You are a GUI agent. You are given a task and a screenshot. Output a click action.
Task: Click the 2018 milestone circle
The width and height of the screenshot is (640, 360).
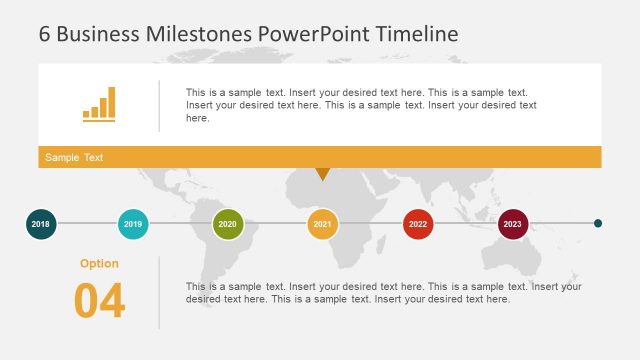tap(41, 224)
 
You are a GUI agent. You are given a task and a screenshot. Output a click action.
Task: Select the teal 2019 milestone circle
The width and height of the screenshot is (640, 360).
tap(134, 224)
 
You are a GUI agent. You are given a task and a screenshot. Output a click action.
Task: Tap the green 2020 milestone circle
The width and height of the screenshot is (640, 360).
tap(228, 224)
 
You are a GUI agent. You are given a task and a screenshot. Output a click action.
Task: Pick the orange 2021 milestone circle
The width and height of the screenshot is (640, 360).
tap(322, 224)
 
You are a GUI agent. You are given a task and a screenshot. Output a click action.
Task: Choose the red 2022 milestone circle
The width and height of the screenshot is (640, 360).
tap(418, 224)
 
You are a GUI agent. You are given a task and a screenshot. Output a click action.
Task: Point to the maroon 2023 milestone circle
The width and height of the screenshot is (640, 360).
tap(513, 224)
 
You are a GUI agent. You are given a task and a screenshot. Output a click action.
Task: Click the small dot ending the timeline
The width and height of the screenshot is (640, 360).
tap(598, 224)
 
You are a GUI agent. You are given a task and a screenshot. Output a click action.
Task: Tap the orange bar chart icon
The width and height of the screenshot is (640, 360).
tap(99, 104)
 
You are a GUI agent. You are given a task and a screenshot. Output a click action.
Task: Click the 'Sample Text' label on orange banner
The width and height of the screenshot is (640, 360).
tap(74, 158)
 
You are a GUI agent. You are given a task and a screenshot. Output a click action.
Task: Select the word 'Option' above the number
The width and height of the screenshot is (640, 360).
tap(99, 264)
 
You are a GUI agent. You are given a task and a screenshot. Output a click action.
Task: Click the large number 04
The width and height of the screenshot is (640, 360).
tap(99, 301)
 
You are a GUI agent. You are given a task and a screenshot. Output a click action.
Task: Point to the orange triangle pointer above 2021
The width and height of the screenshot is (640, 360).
tap(322, 174)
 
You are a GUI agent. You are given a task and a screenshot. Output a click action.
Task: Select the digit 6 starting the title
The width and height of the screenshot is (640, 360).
tap(45, 33)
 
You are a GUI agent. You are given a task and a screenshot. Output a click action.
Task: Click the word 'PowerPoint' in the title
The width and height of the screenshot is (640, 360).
tap(314, 33)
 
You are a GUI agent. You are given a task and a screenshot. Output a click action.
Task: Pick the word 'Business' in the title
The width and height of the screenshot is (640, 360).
tap(97, 33)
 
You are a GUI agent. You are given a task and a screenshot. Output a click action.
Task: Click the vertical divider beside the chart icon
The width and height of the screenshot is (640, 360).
tap(159, 105)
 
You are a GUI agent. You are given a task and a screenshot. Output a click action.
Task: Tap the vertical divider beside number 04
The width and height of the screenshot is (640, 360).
tap(159, 292)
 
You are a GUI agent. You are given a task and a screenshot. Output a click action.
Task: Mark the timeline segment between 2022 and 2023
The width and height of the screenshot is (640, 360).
tap(466, 224)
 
